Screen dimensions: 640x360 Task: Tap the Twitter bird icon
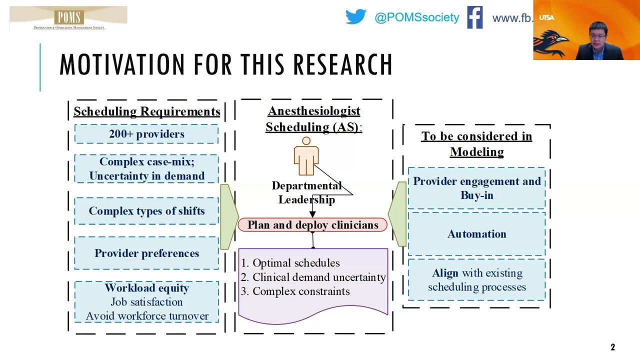tap(355, 16)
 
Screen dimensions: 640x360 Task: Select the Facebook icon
tap(475, 17)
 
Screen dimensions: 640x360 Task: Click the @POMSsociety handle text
tap(417, 17)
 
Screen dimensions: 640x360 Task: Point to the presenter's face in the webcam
tap(597, 35)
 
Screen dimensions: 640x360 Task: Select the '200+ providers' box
tap(146, 133)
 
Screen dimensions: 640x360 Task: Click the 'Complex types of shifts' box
tap(146, 211)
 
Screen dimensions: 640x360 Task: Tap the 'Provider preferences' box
tap(146, 253)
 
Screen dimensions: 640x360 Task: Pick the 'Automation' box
tap(476, 234)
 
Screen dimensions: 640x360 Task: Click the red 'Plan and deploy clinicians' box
tap(312, 224)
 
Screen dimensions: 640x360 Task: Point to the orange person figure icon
tap(306, 156)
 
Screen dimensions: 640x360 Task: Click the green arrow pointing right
tap(229, 217)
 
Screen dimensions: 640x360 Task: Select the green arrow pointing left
tap(397, 214)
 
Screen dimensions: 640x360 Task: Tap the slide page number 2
tap(612, 347)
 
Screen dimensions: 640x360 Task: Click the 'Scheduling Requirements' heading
tap(147, 111)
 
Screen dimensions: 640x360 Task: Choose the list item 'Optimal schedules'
tap(296, 263)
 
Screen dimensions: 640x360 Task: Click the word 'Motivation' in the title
tap(122, 64)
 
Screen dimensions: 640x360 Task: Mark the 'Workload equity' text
tap(147, 287)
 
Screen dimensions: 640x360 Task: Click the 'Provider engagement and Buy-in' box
tap(476, 188)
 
